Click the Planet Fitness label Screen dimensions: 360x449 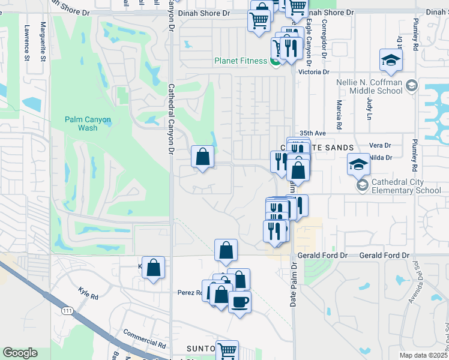pos(241,61)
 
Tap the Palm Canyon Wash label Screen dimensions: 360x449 pos(88,124)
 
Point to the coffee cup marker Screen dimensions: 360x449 pos(240,301)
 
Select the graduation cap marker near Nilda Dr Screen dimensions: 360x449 pos(358,164)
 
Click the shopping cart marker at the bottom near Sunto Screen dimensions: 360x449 pos(228,350)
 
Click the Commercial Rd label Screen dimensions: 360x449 pos(144,339)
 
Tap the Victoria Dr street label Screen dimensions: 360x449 pos(318,72)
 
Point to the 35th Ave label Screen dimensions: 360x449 pos(312,133)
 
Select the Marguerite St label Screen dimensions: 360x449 pos(43,42)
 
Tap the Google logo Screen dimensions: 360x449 pos(20,353)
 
